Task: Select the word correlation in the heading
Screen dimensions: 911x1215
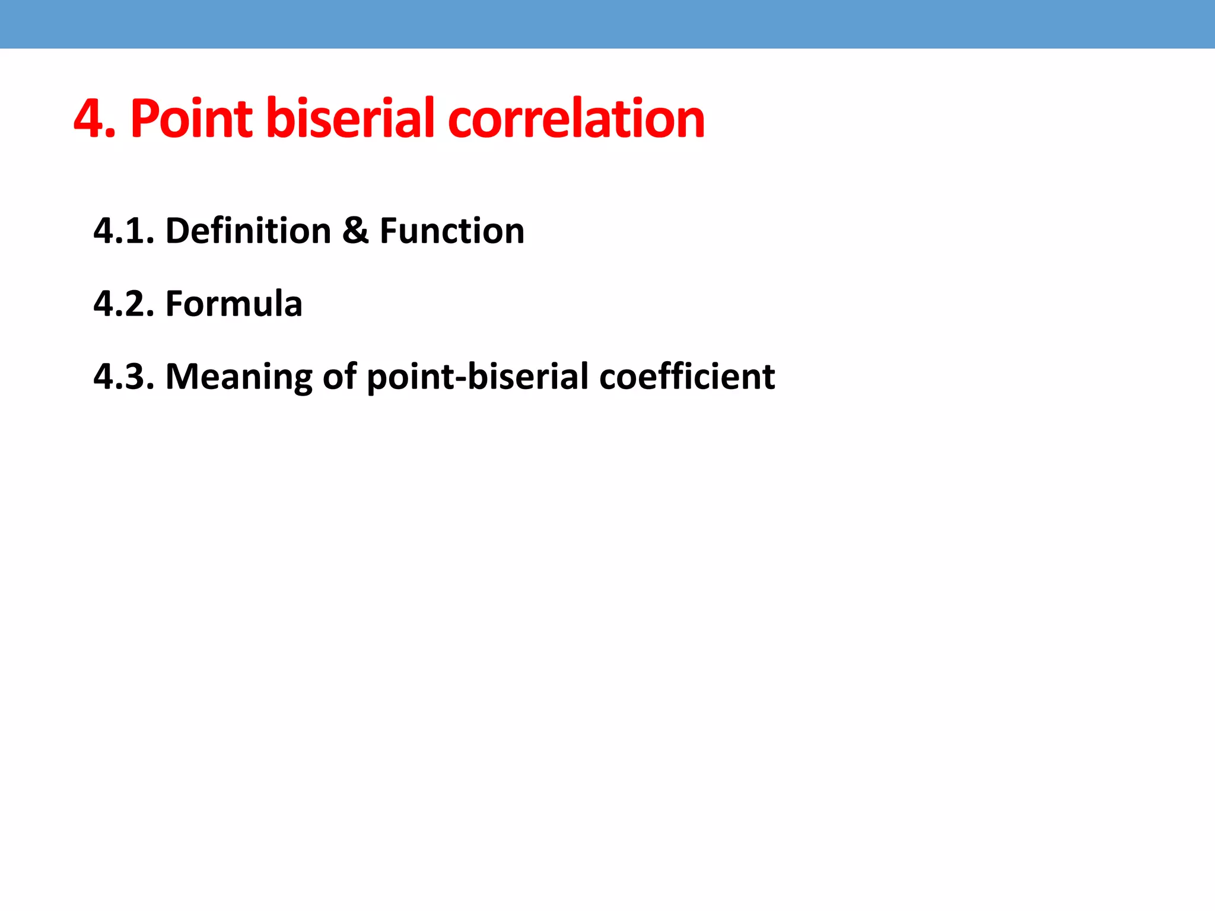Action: click(x=576, y=119)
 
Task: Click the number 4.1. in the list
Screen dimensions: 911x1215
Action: click(x=123, y=231)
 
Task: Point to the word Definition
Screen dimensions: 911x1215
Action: click(x=248, y=231)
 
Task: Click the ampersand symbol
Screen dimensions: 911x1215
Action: click(x=355, y=231)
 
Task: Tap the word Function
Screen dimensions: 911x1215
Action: click(x=452, y=231)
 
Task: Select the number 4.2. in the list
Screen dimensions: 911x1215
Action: click(x=123, y=304)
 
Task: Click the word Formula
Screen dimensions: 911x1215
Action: click(x=234, y=304)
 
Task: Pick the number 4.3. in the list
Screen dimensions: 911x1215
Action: click(x=123, y=377)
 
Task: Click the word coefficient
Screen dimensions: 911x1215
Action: click(x=687, y=377)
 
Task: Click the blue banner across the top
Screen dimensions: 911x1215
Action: click(x=607, y=24)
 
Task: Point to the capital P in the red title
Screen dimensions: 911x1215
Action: click(x=144, y=119)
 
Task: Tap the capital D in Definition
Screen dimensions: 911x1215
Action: click(x=176, y=231)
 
